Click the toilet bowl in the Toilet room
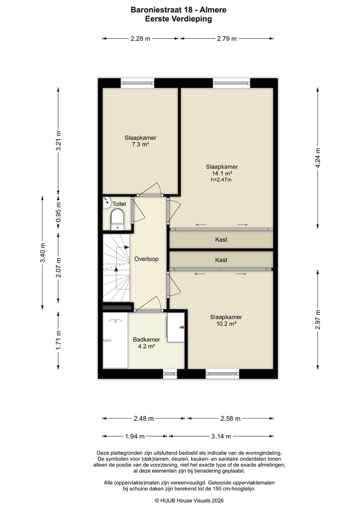pos(117,219)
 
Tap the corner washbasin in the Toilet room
pos(106,202)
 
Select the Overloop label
pos(146,259)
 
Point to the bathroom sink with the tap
pos(176,327)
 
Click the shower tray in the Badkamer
pos(115,340)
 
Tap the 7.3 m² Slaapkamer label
pos(140,141)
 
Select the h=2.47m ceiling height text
pos(221,180)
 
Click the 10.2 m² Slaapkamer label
pos(226,320)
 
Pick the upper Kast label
pos(221,239)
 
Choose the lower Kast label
pos(221,260)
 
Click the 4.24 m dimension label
pos(318,158)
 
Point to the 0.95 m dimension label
pos(59,212)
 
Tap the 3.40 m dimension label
pos(43,253)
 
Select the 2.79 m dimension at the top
pos(227,39)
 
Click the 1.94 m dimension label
pos(135,436)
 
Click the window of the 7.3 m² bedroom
pos(137,83)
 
